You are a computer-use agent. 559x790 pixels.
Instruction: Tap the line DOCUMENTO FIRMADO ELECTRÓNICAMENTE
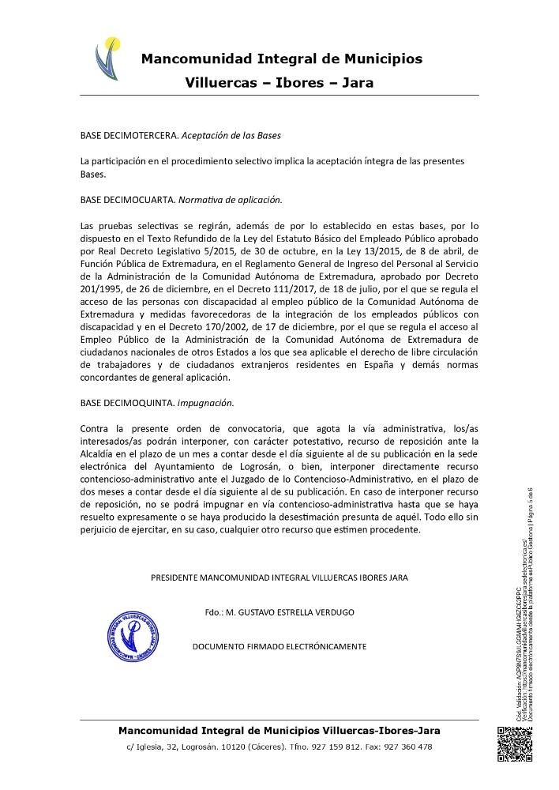coord(279,646)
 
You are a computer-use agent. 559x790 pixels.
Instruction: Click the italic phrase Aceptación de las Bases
coord(231,135)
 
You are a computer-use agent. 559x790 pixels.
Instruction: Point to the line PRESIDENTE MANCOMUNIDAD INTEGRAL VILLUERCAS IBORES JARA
coord(279,578)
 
